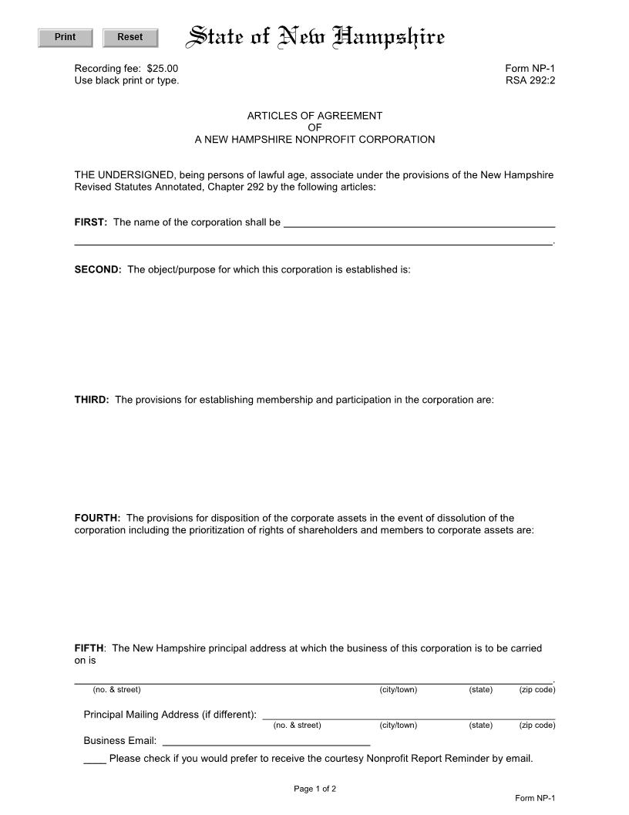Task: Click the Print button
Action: (66, 38)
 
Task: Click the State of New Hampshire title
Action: (317, 37)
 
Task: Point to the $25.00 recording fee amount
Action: (162, 69)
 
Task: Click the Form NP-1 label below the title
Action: (530, 69)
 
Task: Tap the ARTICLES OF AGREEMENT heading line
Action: (314, 116)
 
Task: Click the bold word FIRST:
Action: (90, 222)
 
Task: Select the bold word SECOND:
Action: (98, 270)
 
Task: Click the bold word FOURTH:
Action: (97, 518)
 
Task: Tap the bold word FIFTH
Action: (89, 648)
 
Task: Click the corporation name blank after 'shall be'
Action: (419, 224)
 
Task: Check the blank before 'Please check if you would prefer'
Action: (94, 759)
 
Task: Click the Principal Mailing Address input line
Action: (409, 715)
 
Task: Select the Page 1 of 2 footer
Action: (314, 789)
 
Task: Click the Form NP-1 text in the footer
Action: (534, 798)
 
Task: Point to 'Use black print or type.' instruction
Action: (126, 80)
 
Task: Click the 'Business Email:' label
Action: (119, 741)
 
